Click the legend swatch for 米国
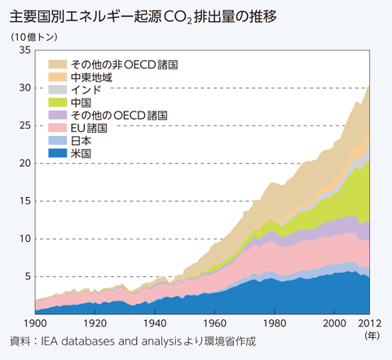(58, 153)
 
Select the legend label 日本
(81, 140)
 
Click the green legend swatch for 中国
(58, 102)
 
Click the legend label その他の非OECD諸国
(113, 64)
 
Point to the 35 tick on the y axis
(24, 50)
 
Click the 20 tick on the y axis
(24, 164)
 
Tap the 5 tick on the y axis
(27, 277)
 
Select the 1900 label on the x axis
(36, 323)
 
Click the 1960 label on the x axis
(214, 323)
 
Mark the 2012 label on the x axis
(370, 323)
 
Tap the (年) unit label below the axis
(372, 335)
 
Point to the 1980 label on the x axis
(274, 323)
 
